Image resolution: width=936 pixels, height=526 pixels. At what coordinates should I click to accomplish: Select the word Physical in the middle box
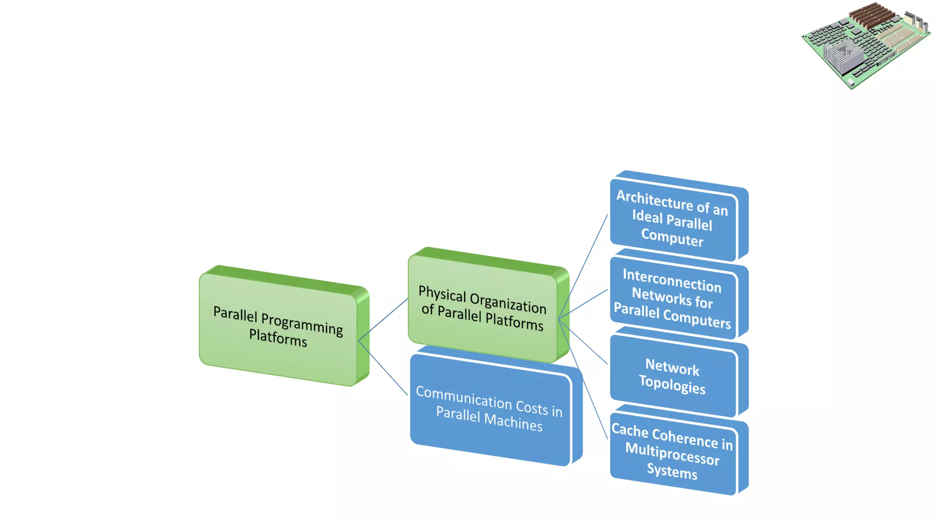point(442,294)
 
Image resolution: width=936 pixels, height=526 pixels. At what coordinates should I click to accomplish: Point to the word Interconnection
point(672,280)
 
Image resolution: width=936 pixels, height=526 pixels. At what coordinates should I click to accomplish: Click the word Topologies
point(672,384)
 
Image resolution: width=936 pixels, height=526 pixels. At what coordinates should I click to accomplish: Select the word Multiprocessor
point(672,454)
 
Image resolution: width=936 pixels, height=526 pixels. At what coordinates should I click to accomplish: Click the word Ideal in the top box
point(647,216)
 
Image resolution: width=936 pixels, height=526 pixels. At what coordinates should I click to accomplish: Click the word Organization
point(508,303)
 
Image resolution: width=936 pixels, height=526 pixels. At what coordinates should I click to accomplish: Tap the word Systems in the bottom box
point(672,471)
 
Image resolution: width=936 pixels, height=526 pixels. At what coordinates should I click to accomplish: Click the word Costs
point(532,406)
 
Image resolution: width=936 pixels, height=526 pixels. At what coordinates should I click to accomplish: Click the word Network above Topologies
point(672,367)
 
